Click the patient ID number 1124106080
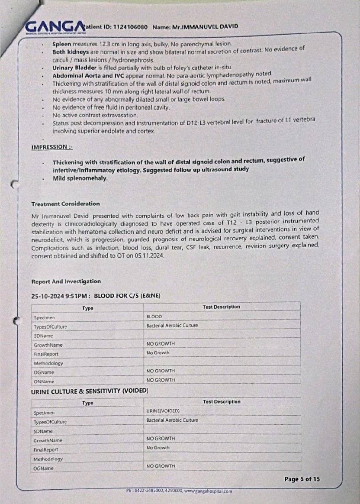(x=131, y=27)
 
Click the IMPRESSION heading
(x=51, y=147)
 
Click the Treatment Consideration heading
(x=65, y=204)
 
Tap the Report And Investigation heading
(x=66, y=281)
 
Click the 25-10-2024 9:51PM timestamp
(x=60, y=296)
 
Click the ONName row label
(x=44, y=382)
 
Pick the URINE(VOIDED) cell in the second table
(x=163, y=410)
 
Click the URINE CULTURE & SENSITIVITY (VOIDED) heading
(x=90, y=391)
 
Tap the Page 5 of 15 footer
(x=302, y=479)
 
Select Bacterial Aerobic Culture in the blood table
(x=172, y=325)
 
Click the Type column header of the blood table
(x=88, y=308)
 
